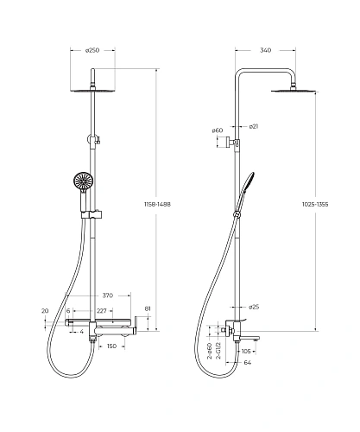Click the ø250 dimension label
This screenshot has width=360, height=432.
click(x=92, y=50)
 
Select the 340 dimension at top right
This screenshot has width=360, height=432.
click(x=265, y=50)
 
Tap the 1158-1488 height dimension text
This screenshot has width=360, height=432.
click(x=157, y=204)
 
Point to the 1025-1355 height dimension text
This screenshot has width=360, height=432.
click(x=315, y=204)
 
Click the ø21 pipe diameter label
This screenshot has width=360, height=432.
click(x=254, y=126)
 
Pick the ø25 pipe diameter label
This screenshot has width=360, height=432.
click(x=254, y=307)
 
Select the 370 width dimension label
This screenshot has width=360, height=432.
click(x=108, y=295)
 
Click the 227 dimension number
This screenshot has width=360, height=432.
click(x=102, y=311)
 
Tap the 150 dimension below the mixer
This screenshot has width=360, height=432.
click(x=111, y=346)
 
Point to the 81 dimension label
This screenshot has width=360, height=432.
click(x=148, y=308)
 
